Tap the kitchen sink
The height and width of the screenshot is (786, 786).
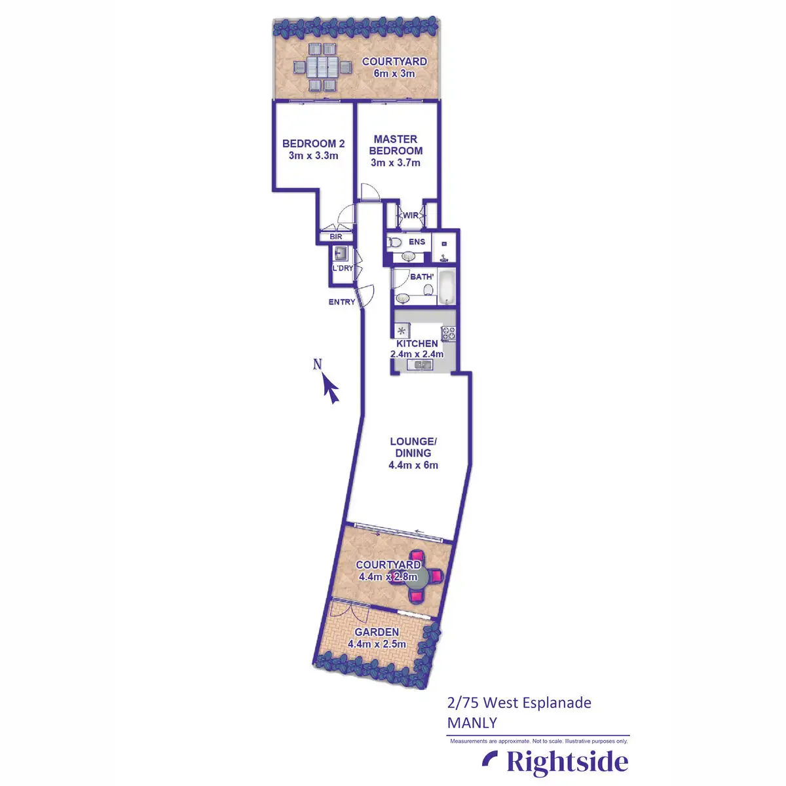pyautogui.click(x=419, y=365)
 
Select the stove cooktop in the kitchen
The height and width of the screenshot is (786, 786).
pyautogui.click(x=448, y=333)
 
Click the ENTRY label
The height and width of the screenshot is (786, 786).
pyautogui.click(x=342, y=302)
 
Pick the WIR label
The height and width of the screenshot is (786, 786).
pyautogui.click(x=411, y=215)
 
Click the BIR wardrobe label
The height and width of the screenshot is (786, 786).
pyautogui.click(x=336, y=236)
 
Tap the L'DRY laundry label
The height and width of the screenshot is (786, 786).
pyautogui.click(x=343, y=269)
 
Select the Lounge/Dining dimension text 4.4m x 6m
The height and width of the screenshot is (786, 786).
pyautogui.click(x=413, y=465)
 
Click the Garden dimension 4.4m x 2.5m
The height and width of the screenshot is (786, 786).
pyautogui.click(x=377, y=644)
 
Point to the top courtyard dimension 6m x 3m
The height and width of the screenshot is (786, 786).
pyautogui.click(x=394, y=73)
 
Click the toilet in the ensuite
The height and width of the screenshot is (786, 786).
pyautogui.click(x=395, y=242)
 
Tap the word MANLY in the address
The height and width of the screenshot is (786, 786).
pyautogui.click(x=472, y=723)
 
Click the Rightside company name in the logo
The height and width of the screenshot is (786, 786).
pyautogui.click(x=567, y=762)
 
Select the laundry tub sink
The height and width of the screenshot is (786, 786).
pyautogui.click(x=341, y=253)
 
